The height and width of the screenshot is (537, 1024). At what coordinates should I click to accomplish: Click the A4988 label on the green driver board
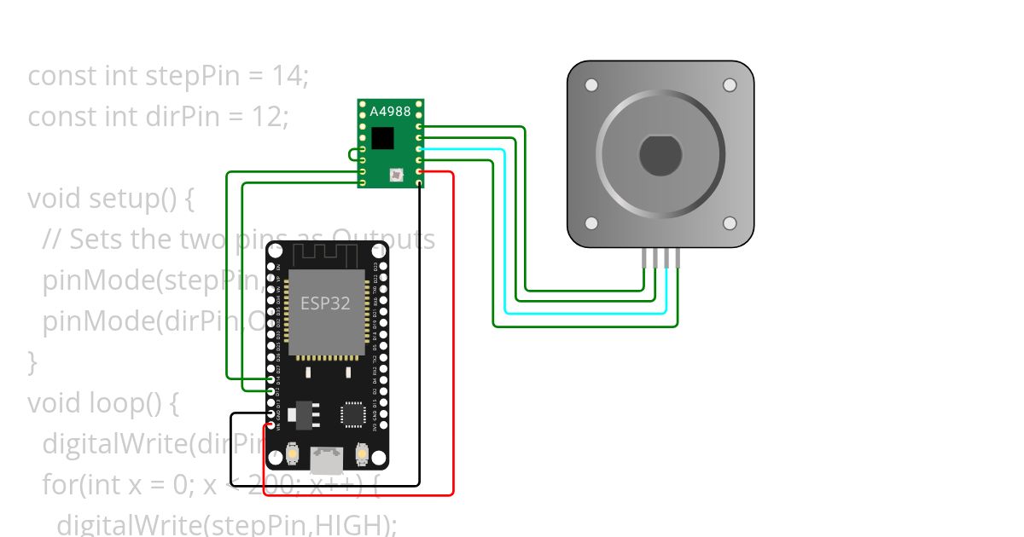[390, 111]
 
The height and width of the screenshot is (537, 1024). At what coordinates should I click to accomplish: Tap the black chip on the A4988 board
[383, 139]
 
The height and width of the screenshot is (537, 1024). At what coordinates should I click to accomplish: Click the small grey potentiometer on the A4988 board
[395, 176]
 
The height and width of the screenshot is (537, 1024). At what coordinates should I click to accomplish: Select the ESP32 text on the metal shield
[325, 303]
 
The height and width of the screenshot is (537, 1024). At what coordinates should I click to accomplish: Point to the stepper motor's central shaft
[660, 154]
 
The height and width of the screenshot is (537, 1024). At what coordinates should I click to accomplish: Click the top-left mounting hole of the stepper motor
[591, 85]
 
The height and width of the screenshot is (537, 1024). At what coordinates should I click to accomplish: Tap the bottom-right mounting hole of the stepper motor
[730, 222]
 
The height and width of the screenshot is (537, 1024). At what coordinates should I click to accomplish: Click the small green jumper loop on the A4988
[352, 154]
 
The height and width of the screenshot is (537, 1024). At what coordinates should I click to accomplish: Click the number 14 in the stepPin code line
[290, 76]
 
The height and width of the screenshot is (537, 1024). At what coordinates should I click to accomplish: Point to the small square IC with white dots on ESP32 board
[352, 414]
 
